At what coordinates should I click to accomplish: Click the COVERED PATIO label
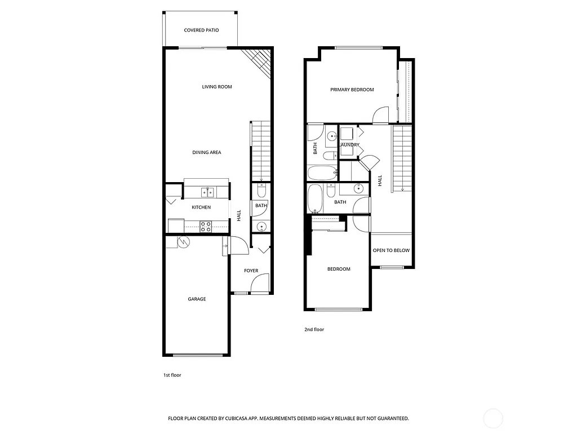tap(201, 30)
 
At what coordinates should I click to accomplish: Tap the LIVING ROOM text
tap(217, 87)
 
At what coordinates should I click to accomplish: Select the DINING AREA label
tap(206, 152)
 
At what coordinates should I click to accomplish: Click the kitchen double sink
tap(207, 193)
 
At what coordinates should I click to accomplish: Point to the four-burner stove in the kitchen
tap(206, 227)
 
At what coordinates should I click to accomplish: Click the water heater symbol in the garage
tap(184, 242)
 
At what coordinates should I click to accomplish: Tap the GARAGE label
tap(197, 299)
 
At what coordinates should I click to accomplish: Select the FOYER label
tap(251, 271)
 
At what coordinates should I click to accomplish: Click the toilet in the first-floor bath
tap(260, 188)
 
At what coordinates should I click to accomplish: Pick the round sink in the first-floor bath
tap(261, 227)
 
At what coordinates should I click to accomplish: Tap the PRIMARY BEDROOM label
tap(352, 90)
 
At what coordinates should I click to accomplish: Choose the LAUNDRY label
tap(350, 145)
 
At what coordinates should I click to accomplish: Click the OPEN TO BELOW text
tap(391, 250)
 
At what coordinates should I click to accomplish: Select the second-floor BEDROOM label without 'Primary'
tap(339, 269)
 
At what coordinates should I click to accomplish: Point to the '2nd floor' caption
tap(314, 329)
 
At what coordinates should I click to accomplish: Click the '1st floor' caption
tap(172, 375)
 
